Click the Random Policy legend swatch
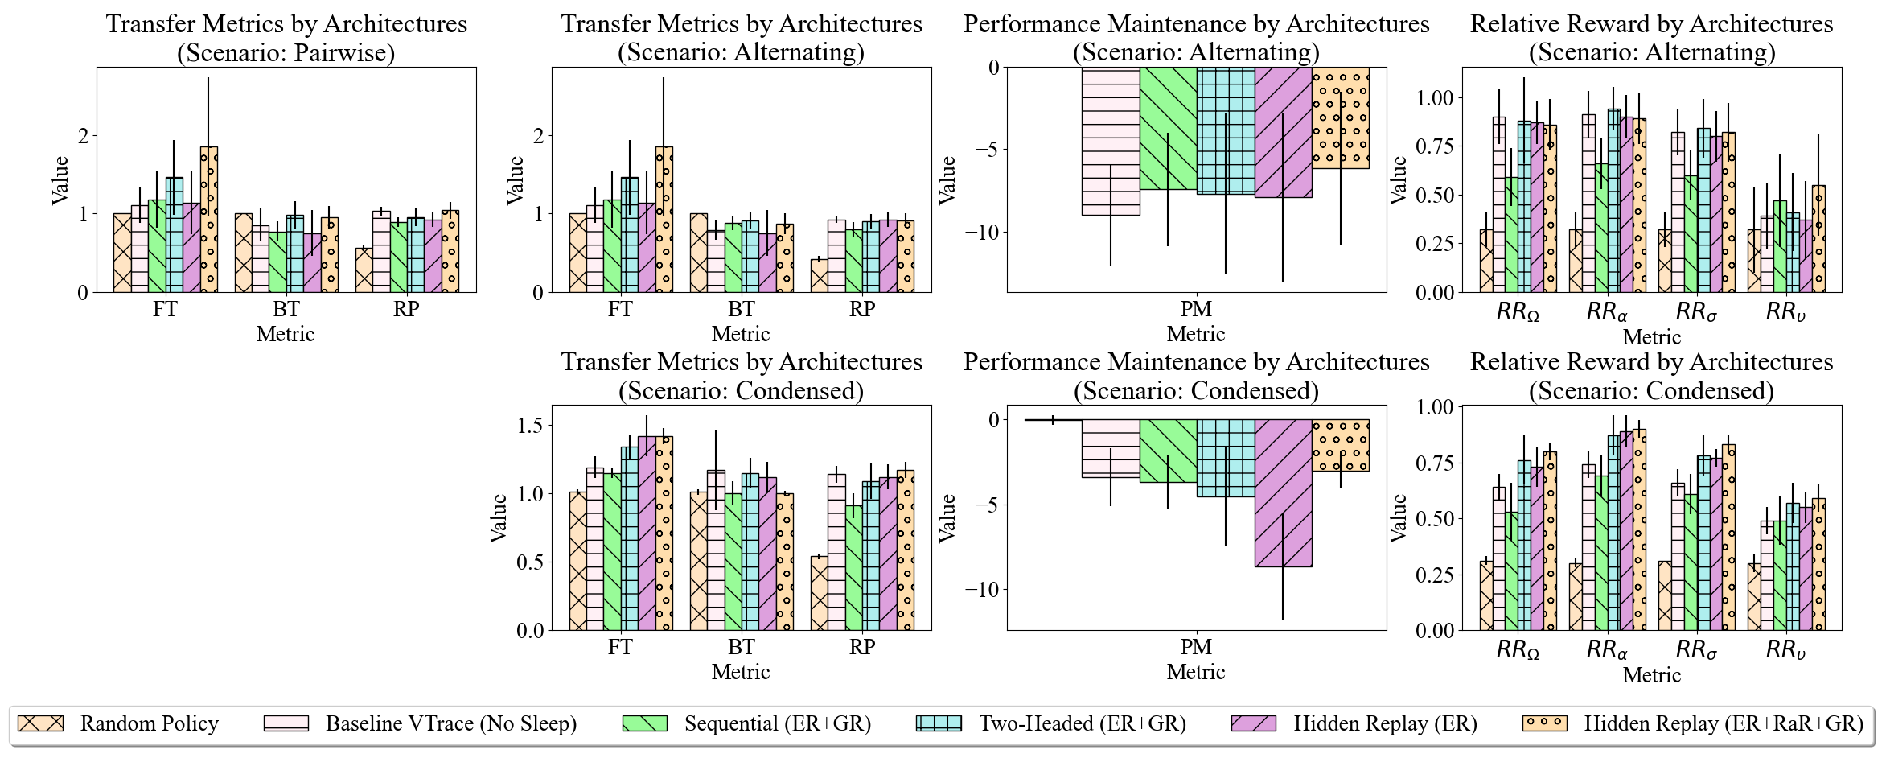pos(40,723)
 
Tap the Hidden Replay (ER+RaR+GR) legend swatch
pos(1544,723)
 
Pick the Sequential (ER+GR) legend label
pos(778,723)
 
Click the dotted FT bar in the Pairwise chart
pos(209,220)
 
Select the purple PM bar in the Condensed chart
pos(1283,492)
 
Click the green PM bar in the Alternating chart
pos(1168,129)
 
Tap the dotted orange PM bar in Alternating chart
pos(1341,118)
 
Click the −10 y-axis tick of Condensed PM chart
pos(982,590)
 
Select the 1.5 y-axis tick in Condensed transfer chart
pos(530,425)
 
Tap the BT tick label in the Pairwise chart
pos(286,310)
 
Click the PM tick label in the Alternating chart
pos(1196,310)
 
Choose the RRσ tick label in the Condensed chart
pos(1696,649)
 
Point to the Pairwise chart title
pos(286,38)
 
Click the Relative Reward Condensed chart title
pos(1651,376)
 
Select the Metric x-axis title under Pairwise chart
pos(286,335)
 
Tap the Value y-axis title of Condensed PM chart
pos(947,517)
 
